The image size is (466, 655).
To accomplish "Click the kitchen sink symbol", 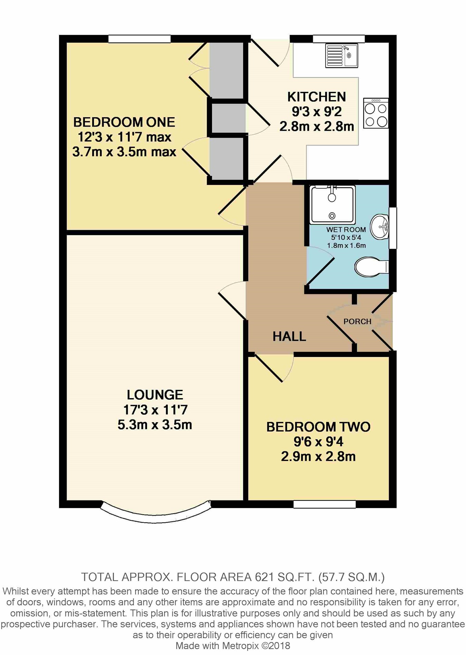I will tap(341, 56).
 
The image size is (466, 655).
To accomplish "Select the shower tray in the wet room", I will tap(332, 204).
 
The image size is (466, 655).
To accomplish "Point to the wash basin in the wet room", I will tap(380, 227).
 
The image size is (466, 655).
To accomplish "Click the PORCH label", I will tap(357, 321).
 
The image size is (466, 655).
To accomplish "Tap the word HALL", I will tap(289, 336).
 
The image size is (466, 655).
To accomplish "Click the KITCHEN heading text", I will tap(317, 97).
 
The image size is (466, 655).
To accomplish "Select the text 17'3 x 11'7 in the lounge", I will tap(155, 410).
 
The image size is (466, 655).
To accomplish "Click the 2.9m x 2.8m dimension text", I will tap(318, 457).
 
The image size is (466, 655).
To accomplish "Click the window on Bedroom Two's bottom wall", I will tap(324, 504).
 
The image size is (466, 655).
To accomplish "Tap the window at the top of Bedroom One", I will tap(139, 39).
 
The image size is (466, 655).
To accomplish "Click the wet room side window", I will tap(393, 228).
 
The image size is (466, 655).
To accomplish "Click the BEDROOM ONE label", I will tap(124, 122).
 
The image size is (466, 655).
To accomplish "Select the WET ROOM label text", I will tap(346, 229).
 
